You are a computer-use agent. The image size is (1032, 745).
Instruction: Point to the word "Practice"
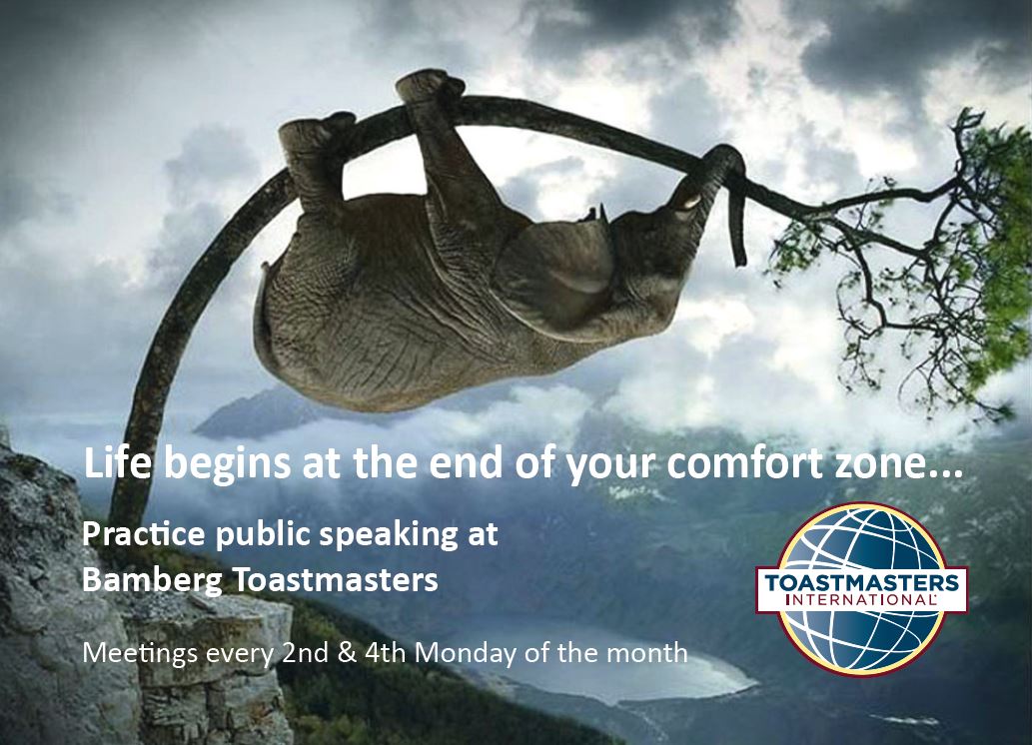tap(144, 533)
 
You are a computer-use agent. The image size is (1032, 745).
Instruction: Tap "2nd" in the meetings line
tap(305, 652)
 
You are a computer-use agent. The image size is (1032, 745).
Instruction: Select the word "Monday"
tap(466, 654)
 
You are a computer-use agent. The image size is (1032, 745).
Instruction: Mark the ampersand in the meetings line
tap(347, 653)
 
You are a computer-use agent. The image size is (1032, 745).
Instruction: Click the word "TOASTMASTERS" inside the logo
tap(861, 583)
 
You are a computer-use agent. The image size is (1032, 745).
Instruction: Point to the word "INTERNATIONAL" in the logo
tap(861, 599)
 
